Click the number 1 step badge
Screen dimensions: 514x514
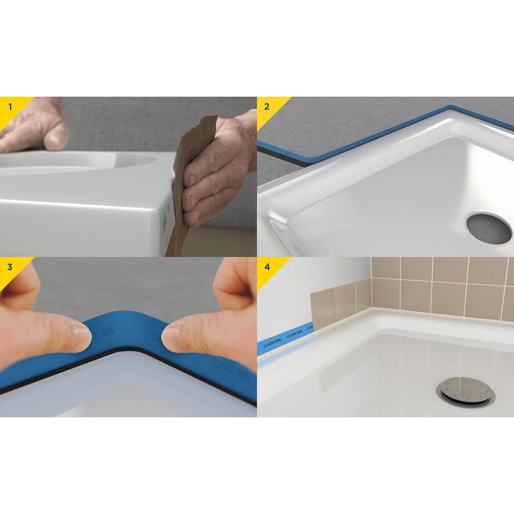(x=9, y=107)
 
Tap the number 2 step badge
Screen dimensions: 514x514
(x=266, y=107)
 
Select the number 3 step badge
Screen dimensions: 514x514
(x=9, y=267)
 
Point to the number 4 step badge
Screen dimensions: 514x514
(x=266, y=267)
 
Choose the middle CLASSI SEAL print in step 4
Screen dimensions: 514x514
(x=296, y=333)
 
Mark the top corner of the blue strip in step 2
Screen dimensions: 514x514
(x=450, y=107)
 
